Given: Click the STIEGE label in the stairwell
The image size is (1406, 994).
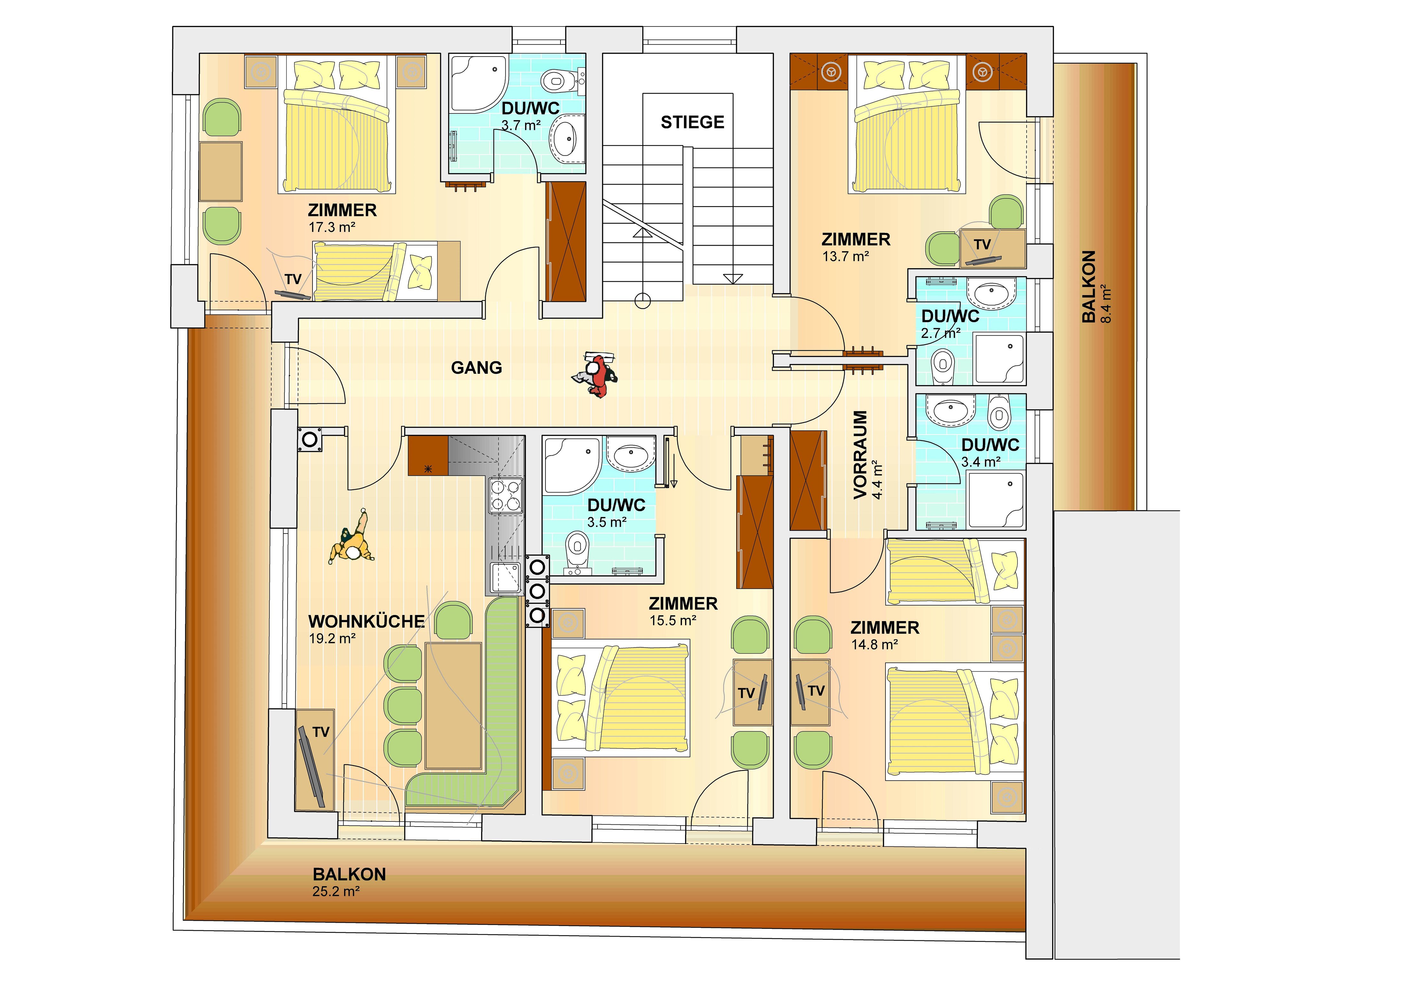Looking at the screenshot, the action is click(x=692, y=122).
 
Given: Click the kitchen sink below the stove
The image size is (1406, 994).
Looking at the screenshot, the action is click(x=506, y=578).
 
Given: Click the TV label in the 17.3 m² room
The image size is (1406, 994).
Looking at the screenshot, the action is click(x=293, y=279).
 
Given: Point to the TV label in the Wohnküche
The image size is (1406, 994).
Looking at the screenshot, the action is click(x=321, y=732).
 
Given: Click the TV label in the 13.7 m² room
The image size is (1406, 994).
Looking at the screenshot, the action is click(x=982, y=244).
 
